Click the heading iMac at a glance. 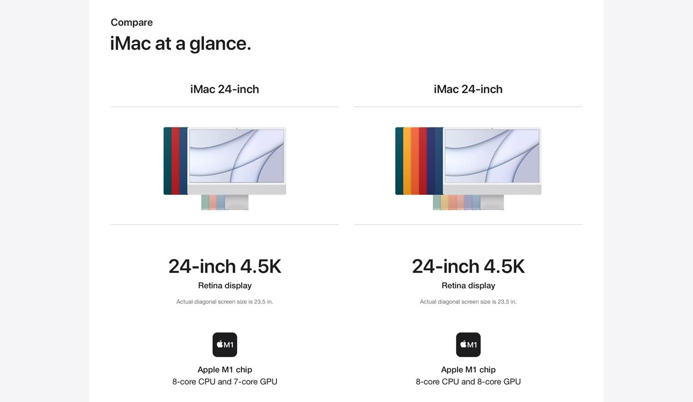click(180, 44)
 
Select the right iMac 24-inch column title click(468, 89)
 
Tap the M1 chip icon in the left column click(225, 344)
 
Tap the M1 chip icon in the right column click(468, 344)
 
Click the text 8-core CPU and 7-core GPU click(225, 382)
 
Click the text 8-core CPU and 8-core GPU click(468, 382)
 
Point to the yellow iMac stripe click(407, 161)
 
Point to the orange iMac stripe click(415, 161)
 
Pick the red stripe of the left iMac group click(175, 161)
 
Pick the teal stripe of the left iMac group click(167, 161)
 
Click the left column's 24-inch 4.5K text click(225, 266)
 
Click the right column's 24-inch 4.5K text click(468, 266)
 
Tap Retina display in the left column click(225, 286)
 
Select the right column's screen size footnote click(468, 302)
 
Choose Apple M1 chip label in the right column click(468, 370)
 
